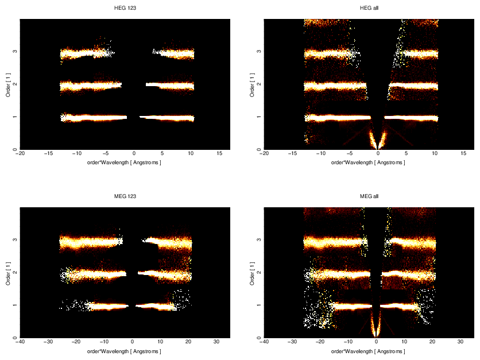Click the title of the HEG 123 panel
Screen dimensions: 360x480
[125, 8]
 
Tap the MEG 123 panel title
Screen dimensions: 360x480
[125, 196]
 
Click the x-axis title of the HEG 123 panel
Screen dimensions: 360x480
[125, 162]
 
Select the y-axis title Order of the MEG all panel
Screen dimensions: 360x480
[252, 273]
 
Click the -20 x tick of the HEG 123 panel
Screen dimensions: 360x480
[21, 154]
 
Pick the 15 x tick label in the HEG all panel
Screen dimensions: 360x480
[463, 154]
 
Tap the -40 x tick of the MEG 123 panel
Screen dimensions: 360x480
[21, 342]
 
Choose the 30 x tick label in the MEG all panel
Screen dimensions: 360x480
[460, 342]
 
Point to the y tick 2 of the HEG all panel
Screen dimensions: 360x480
[259, 84]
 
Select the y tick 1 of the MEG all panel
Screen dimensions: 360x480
[259, 305]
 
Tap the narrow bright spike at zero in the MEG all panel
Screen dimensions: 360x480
[376, 327]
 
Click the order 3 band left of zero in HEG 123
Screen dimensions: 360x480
[86, 54]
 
